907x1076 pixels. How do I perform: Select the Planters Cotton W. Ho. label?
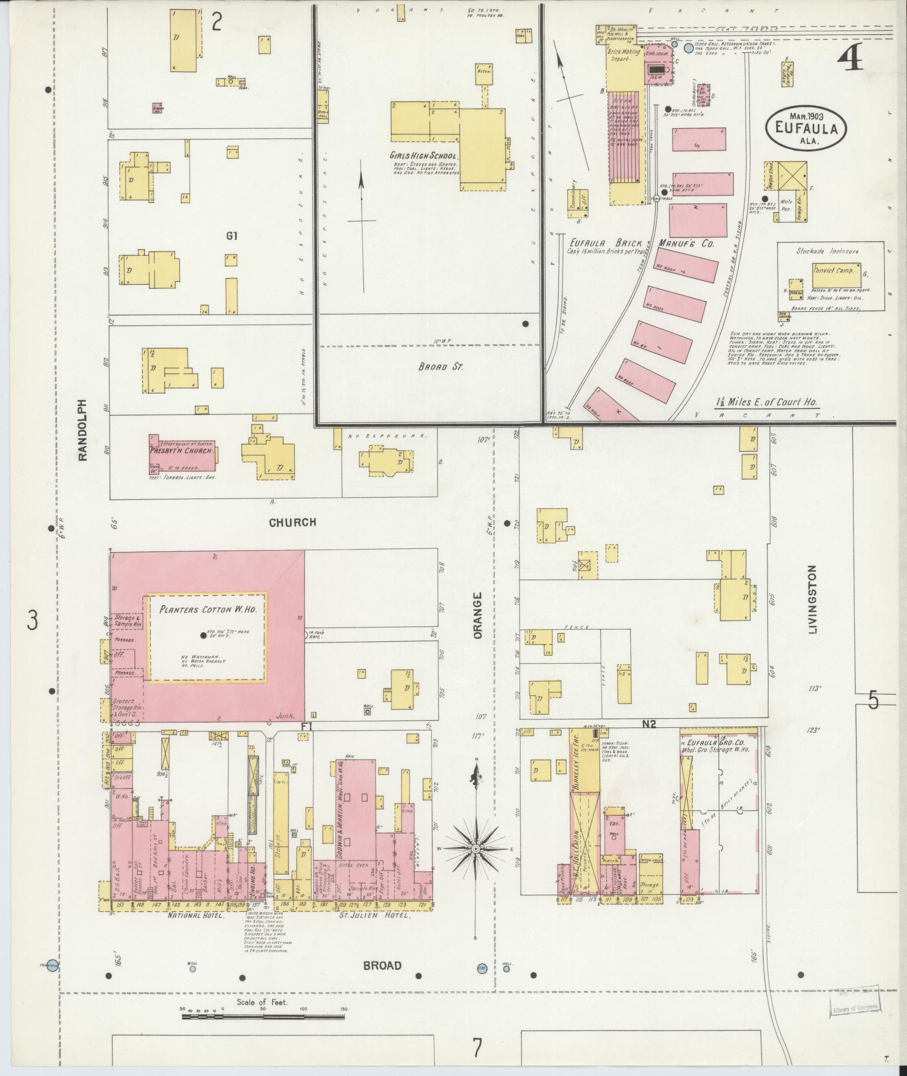click(207, 609)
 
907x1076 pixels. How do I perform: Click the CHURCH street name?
click(292, 523)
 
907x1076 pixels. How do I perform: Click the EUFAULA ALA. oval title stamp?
click(806, 128)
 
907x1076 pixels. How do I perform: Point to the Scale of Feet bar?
click(263, 1017)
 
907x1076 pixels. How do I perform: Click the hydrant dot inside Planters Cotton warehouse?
click(203, 636)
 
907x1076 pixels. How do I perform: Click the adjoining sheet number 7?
click(477, 1047)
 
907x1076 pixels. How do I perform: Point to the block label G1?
click(232, 236)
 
